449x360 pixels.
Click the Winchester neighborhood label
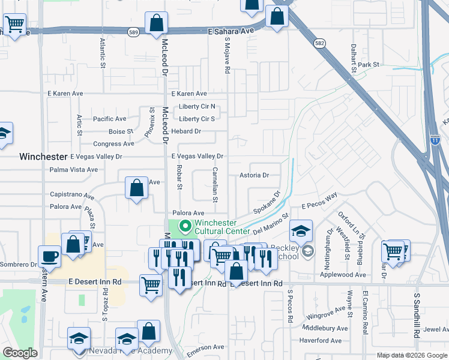[43, 156]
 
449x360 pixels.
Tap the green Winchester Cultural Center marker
[185, 227]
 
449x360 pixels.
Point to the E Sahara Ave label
[228, 31]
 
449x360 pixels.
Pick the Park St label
[369, 64]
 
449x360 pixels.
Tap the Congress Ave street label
[113, 144]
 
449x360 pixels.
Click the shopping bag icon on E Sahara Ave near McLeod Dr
[156, 23]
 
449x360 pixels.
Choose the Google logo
[20, 353]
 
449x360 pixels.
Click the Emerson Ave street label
[205, 347]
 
